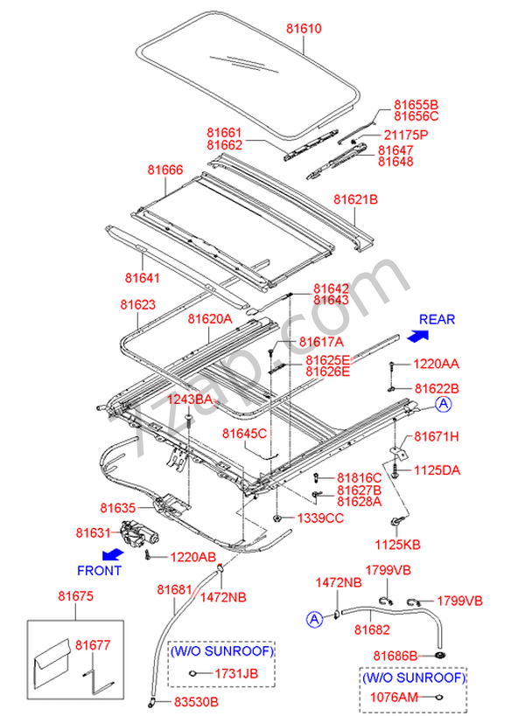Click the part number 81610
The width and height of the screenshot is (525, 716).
click(x=304, y=28)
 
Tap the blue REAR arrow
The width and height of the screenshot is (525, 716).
click(x=417, y=336)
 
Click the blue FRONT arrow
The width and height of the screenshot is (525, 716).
click(x=112, y=555)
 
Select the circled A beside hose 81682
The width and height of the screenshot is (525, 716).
click(x=314, y=619)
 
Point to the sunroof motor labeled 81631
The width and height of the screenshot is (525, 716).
click(x=139, y=533)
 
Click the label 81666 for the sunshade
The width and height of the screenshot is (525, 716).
click(x=165, y=170)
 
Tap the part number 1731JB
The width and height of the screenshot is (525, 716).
click(x=236, y=673)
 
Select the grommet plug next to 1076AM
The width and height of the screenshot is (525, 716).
click(x=439, y=697)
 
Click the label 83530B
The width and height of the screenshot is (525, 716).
click(x=196, y=702)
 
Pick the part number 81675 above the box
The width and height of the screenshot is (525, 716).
click(x=75, y=596)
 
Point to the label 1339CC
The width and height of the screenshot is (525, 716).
click(x=320, y=518)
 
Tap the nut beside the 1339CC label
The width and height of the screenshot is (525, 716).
click(x=276, y=518)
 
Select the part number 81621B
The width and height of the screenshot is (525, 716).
click(x=355, y=199)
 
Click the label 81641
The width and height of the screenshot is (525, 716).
click(x=142, y=278)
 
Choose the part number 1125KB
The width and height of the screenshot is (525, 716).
click(x=397, y=545)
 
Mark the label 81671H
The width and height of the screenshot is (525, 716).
click(x=437, y=436)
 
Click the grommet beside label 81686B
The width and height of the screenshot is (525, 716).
click(x=440, y=656)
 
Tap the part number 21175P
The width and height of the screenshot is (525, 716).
click(x=406, y=136)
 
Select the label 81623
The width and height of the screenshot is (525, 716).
click(x=138, y=304)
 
